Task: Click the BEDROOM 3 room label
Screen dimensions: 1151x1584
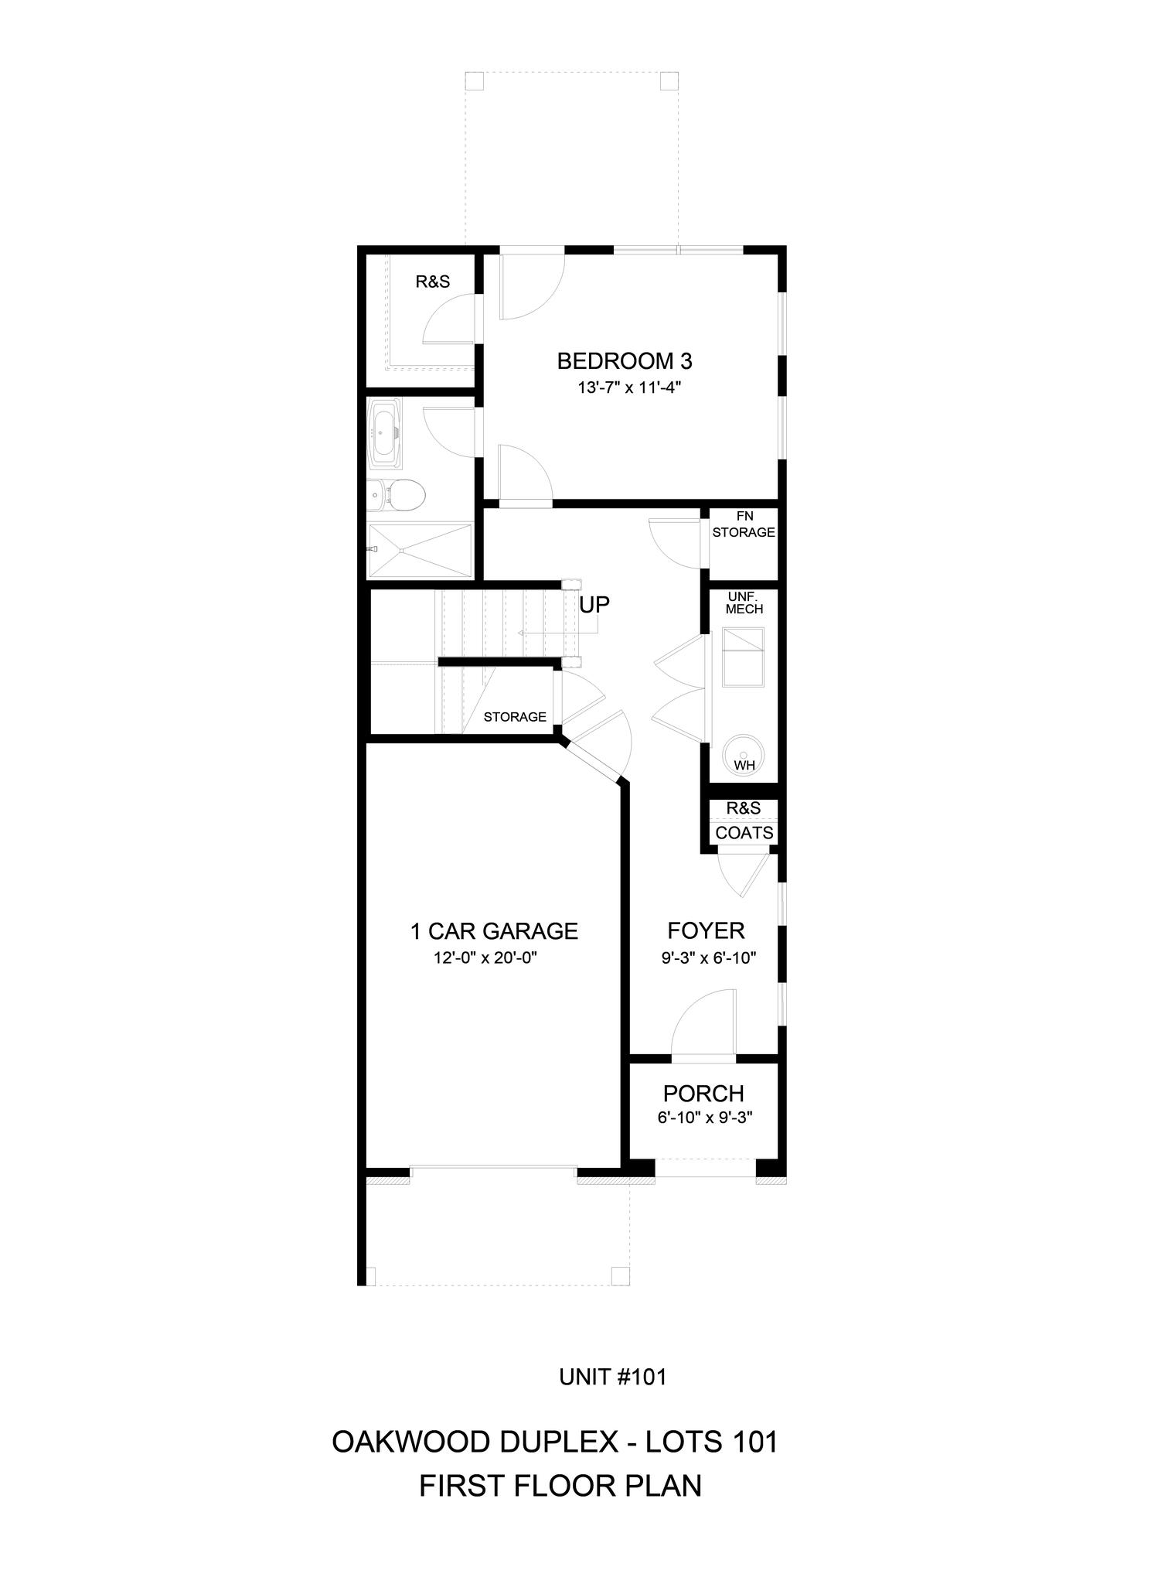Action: [625, 361]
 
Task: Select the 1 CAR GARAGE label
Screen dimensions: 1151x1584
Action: [494, 931]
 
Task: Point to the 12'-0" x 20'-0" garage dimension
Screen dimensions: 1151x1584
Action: [485, 958]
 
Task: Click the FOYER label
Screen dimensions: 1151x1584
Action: [707, 930]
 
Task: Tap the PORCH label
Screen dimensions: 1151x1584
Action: [703, 1094]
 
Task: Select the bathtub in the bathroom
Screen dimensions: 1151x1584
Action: [385, 433]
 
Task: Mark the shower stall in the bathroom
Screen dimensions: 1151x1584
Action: [421, 550]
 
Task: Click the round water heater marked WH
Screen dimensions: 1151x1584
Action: [744, 753]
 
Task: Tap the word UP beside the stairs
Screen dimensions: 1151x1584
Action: [594, 605]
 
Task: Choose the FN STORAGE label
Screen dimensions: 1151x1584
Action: [744, 524]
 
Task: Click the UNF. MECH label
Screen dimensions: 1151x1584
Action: [744, 603]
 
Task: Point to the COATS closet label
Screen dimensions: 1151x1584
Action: [744, 833]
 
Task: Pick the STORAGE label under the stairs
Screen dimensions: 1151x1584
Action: [515, 717]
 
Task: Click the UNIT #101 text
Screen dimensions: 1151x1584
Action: [612, 1377]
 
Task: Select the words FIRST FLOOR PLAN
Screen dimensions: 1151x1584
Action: [560, 1487]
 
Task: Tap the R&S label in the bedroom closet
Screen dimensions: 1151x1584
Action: [433, 282]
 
